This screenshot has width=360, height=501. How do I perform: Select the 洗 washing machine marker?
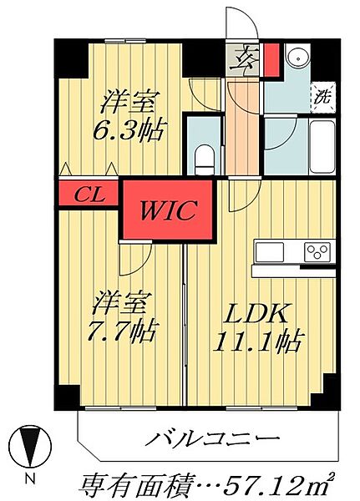coord(322,95)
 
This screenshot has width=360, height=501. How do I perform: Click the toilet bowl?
coord(201,154)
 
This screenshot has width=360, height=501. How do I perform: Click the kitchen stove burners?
coord(317,251)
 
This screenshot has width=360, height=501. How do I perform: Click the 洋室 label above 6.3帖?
coord(130,103)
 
